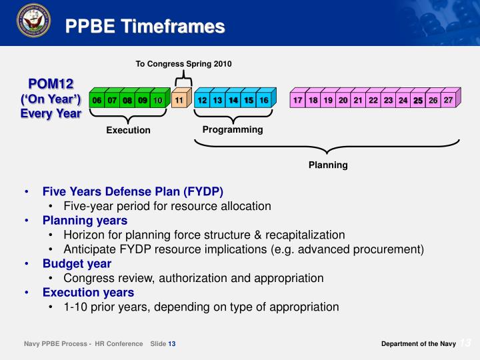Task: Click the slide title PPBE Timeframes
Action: coord(145,27)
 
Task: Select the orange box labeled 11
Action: coord(179,101)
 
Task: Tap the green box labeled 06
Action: coord(97,101)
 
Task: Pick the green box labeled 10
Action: coord(158,101)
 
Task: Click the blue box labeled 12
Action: coord(201,101)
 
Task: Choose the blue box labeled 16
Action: coord(263,101)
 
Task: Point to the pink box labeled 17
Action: coord(297,101)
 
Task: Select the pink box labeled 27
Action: coord(449,100)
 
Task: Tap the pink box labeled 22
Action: coord(373,101)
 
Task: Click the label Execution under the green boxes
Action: coord(128,130)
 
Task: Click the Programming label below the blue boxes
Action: coord(232,129)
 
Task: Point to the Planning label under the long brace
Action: coord(327,165)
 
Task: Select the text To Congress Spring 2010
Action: coord(183,64)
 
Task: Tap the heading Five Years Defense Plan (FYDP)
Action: coord(133,191)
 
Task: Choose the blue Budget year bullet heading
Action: coord(77,263)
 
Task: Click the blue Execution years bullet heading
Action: coord(88,292)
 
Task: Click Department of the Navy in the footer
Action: coord(418,343)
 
